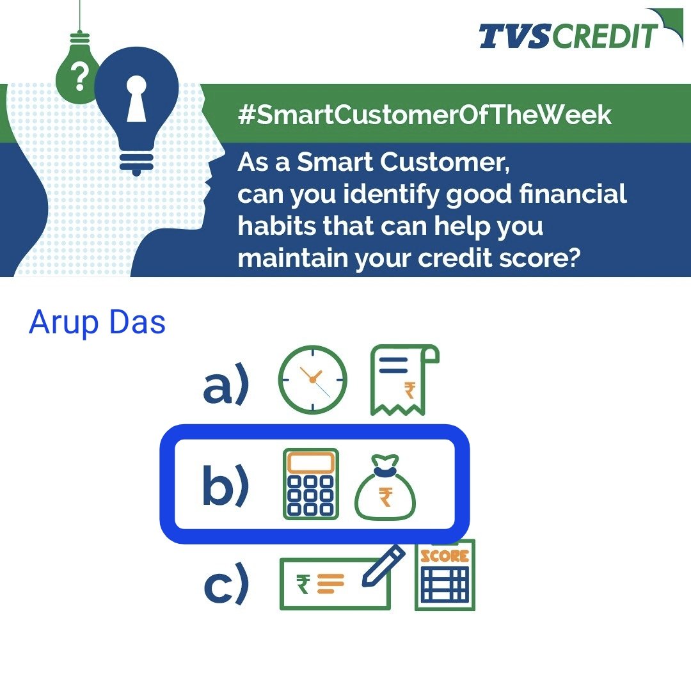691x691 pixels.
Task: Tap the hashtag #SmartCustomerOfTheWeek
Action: click(424, 116)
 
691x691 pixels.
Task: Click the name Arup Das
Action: click(97, 323)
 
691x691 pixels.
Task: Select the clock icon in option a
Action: click(312, 380)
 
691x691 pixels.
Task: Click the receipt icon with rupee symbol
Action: click(403, 380)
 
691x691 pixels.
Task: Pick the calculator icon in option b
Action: click(311, 484)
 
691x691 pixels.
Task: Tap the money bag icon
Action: click(386, 488)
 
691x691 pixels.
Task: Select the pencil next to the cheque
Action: click(384, 565)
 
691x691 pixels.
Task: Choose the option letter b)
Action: click(225, 488)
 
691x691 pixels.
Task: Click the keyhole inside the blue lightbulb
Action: click(136, 100)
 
